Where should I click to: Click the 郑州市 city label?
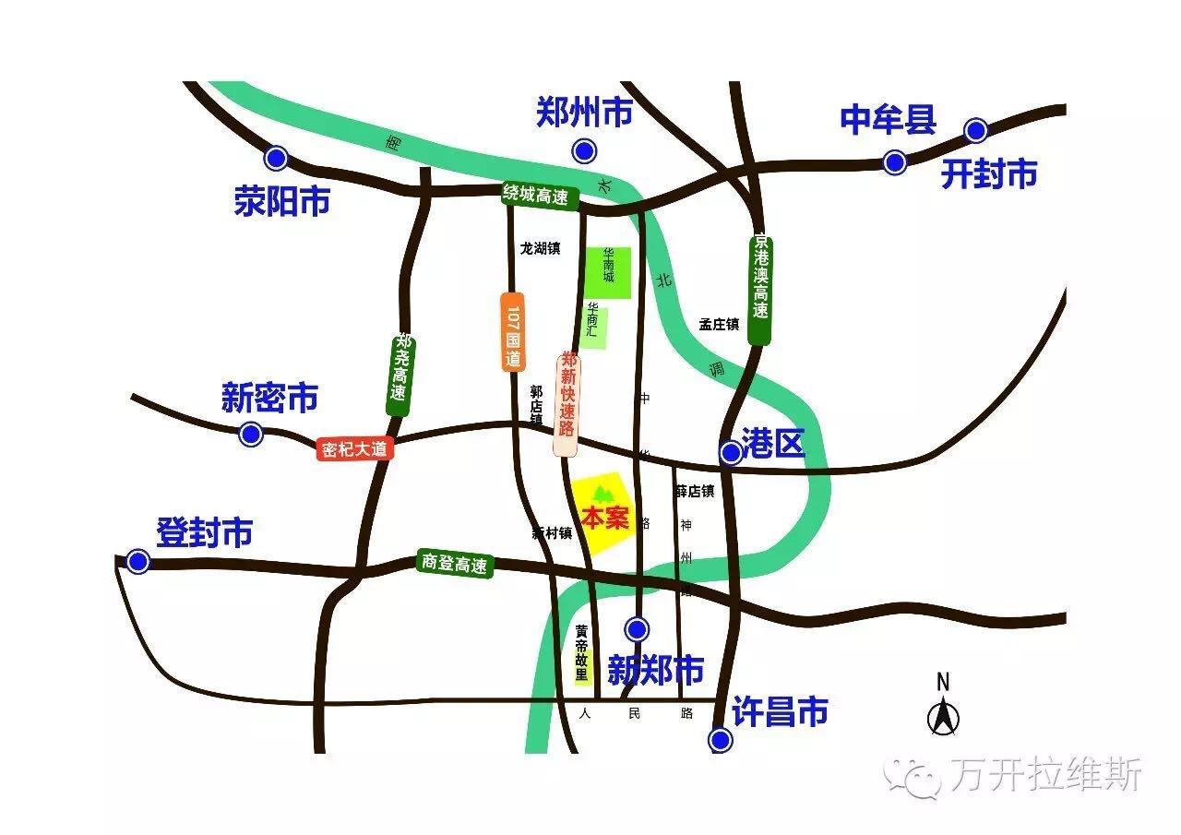(x=584, y=113)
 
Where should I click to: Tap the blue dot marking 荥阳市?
(x=275, y=158)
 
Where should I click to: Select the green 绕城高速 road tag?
(x=540, y=195)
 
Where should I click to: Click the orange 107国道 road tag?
(x=513, y=332)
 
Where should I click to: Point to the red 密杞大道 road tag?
(x=355, y=449)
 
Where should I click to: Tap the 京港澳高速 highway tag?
(x=760, y=290)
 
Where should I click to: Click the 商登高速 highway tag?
(x=454, y=564)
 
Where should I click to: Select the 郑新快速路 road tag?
(x=567, y=403)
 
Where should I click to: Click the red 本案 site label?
(x=604, y=519)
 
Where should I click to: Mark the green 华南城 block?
(x=608, y=272)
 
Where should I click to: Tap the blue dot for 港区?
(x=730, y=452)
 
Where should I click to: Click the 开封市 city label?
(x=989, y=173)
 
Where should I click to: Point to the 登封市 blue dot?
(x=137, y=561)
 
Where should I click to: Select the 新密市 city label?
(x=269, y=399)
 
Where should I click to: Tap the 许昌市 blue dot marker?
(x=720, y=740)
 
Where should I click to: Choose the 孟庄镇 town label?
(x=719, y=324)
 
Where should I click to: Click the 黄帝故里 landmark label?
(x=581, y=653)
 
